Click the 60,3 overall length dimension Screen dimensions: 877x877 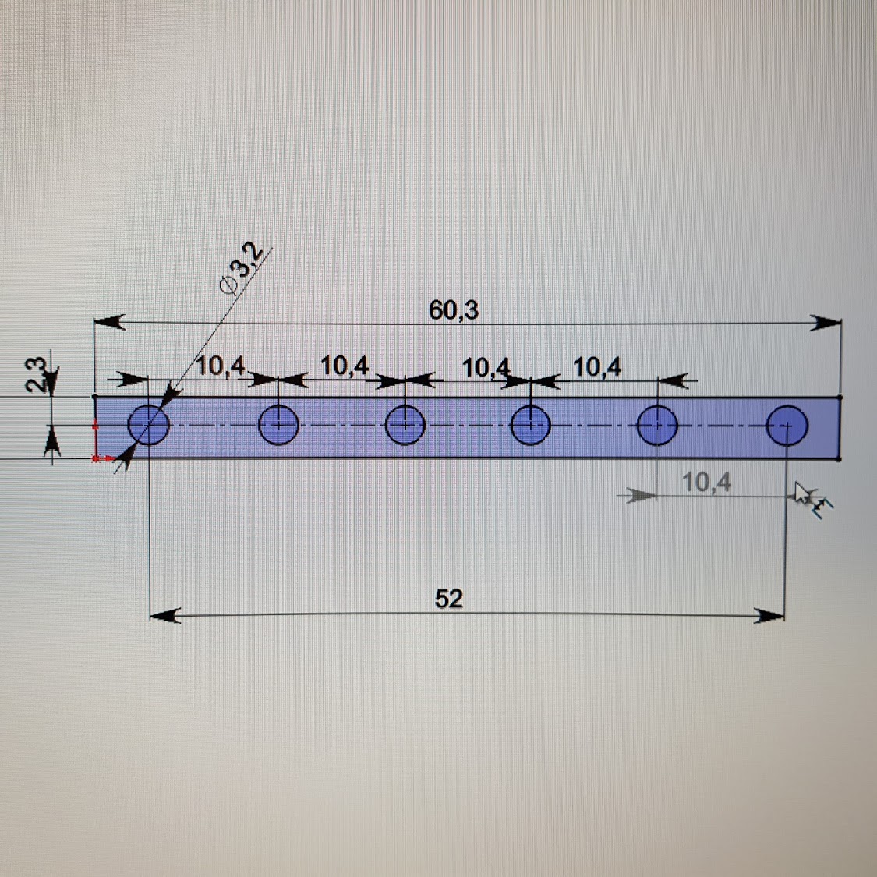pos(454,309)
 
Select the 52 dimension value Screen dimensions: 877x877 pos(448,599)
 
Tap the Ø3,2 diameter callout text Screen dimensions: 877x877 pos(242,270)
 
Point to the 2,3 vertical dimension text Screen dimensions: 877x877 pos(35,375)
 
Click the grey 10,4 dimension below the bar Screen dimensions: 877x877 pos(706,482)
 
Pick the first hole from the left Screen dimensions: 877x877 pos(148,425)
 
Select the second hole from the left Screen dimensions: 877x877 pos(278,425)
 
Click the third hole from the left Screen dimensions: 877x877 pos(405,425)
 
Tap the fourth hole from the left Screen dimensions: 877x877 pos(531,425)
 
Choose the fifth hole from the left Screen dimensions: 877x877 pos(657,426)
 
